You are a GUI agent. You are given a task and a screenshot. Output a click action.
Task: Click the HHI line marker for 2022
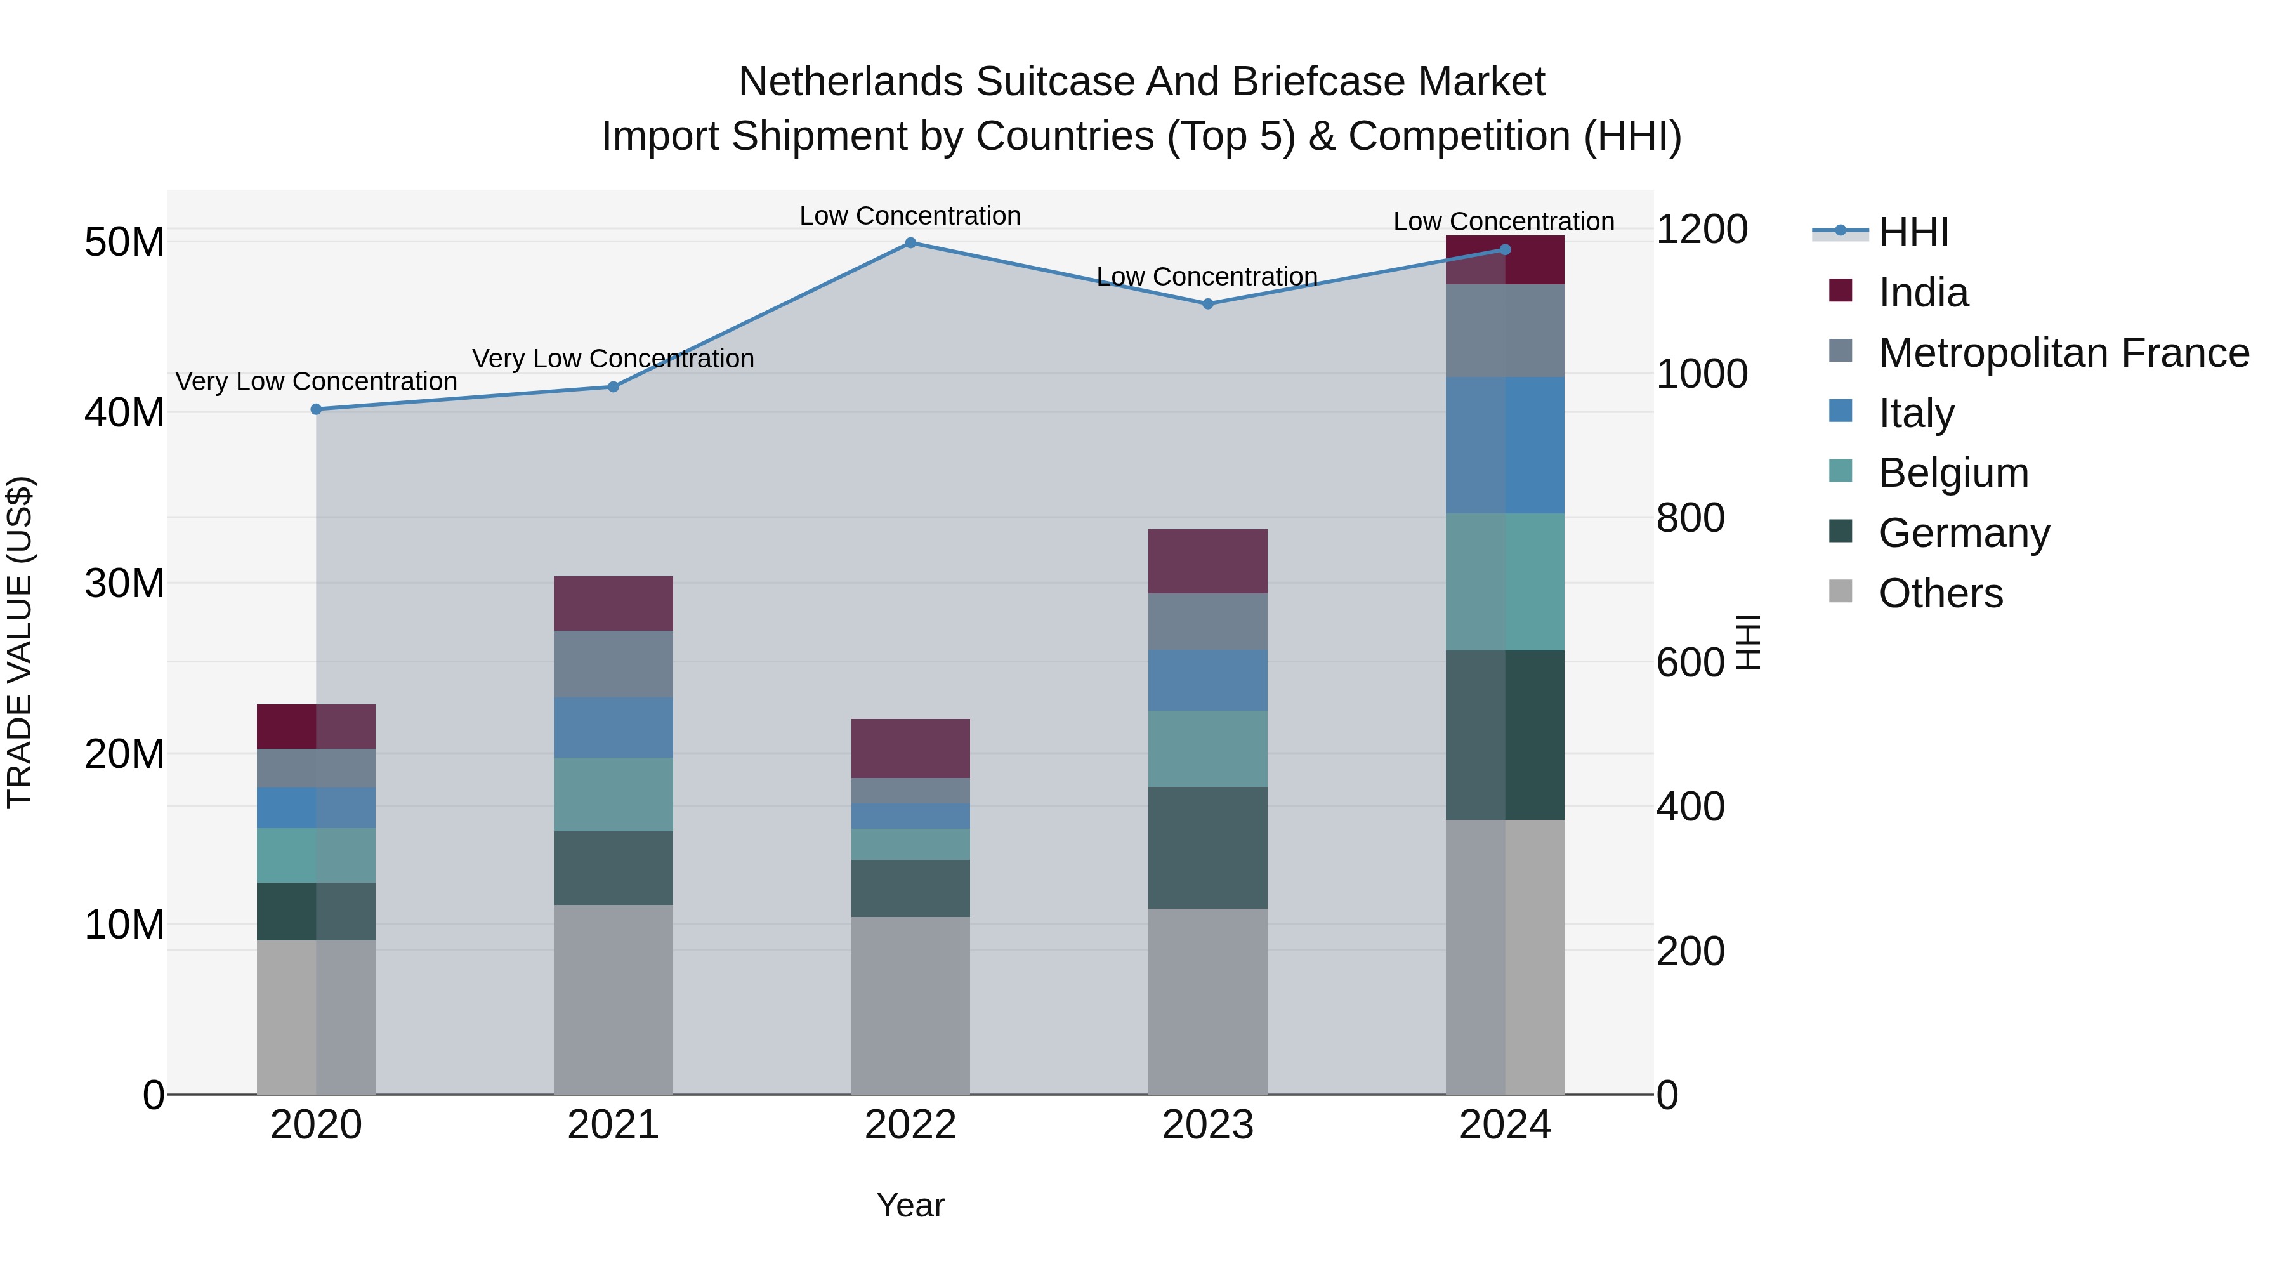tap(910, 242)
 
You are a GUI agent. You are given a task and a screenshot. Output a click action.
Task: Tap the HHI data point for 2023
tap(1207, 303)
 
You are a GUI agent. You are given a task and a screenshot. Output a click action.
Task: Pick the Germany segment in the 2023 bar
tap(1207, 847)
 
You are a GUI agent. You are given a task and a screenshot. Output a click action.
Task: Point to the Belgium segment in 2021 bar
tap(613, 794)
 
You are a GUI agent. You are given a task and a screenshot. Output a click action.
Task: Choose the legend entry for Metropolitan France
tap(2063, 353)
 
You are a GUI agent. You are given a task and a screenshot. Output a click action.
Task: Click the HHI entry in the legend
tap(1913, 232)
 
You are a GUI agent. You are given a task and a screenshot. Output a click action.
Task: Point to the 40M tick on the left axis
tap(124, 412)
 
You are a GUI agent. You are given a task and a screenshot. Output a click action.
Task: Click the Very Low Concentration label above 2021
tap(613, 359)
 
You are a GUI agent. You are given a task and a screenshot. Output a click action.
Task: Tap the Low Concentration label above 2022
tap(910, 216)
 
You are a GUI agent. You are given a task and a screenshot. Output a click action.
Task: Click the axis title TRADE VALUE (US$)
tap(20, 642)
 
